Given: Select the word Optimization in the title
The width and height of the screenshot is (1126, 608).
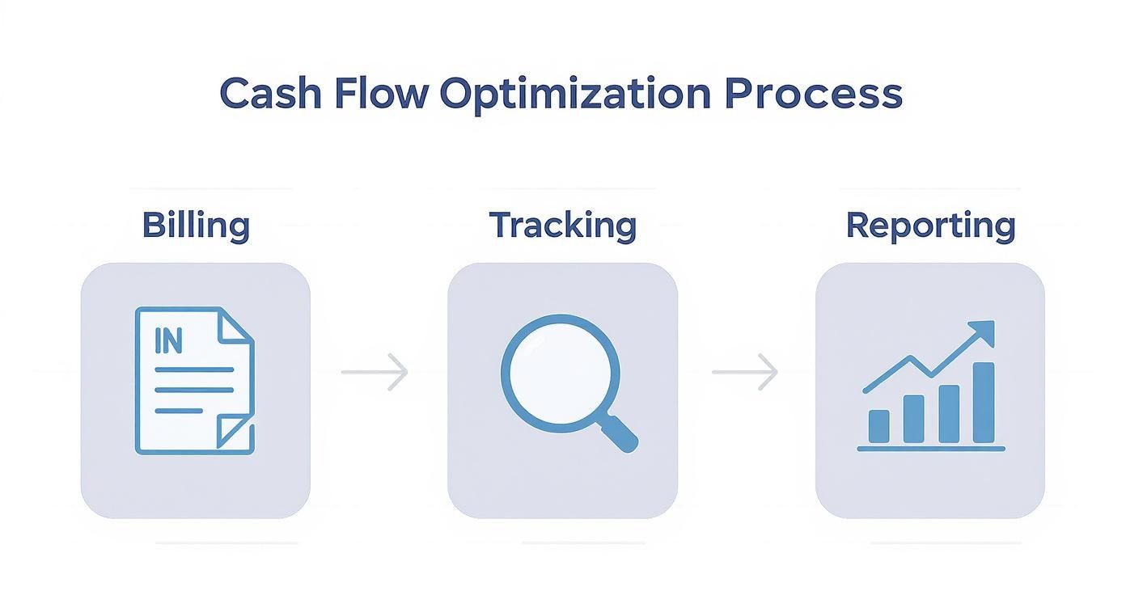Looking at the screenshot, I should pos(575,95).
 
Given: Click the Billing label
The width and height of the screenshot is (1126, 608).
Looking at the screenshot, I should pos(196,225).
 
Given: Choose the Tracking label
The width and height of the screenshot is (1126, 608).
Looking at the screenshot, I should pos(562,226).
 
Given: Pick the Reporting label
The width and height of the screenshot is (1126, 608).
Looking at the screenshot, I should pos(930,226).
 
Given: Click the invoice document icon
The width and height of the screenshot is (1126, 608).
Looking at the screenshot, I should pos(194,380).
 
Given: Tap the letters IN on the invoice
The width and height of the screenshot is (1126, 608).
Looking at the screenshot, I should pos(167,342).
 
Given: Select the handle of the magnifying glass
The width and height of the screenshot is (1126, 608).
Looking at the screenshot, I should pos(621,433).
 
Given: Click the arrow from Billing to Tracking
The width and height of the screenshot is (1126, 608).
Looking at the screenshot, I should pos(375,372).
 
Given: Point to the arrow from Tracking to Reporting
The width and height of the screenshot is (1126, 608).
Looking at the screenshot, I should pos(745,372).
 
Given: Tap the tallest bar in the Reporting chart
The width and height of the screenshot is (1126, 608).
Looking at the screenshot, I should pos(983,403).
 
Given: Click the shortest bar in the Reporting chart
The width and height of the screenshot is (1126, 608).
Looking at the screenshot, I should pos(878,425).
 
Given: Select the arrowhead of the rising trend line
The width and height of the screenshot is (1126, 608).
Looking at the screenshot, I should pos(982,331).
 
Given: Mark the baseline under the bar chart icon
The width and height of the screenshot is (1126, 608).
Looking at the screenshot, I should pos(930,448).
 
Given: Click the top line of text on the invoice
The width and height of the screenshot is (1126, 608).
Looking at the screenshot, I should pos(194,369).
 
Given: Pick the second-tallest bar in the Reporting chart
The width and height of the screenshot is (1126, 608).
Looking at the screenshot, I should pos(948,414).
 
